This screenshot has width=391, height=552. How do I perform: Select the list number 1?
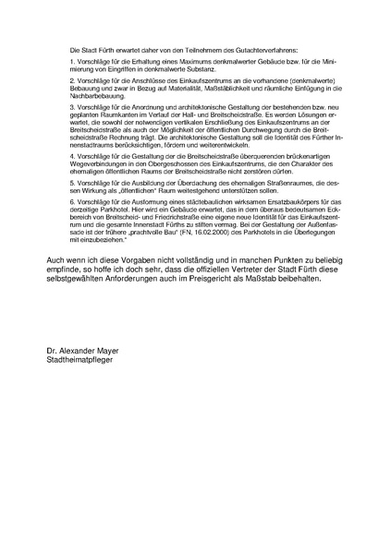pos(72,60)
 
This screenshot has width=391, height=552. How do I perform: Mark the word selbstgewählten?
pos(88,282)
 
